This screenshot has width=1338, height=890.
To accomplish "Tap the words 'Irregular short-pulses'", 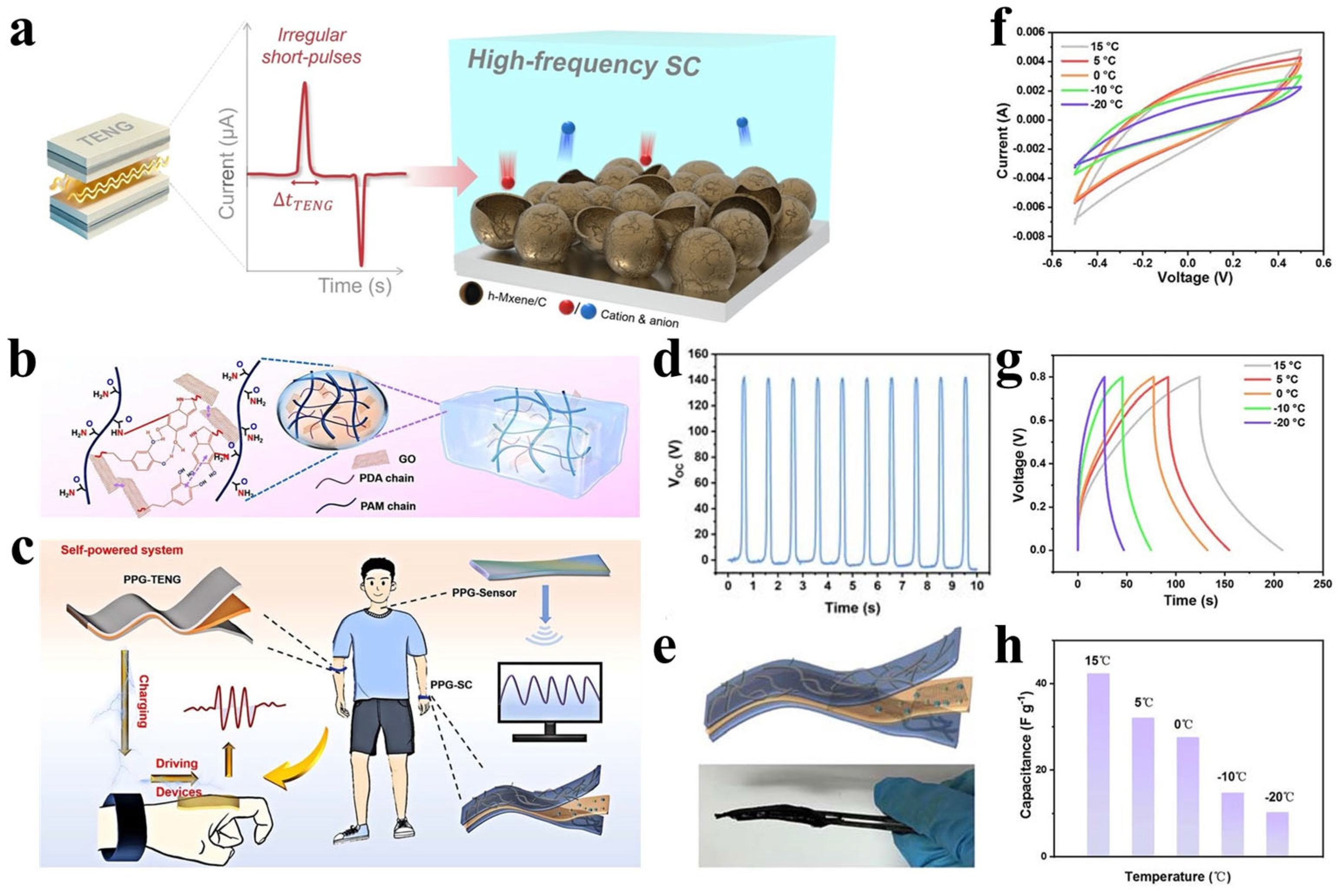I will point(311,45).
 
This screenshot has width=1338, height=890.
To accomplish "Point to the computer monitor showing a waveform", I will point(549,700).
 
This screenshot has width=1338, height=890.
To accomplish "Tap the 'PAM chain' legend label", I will point(388,506).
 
